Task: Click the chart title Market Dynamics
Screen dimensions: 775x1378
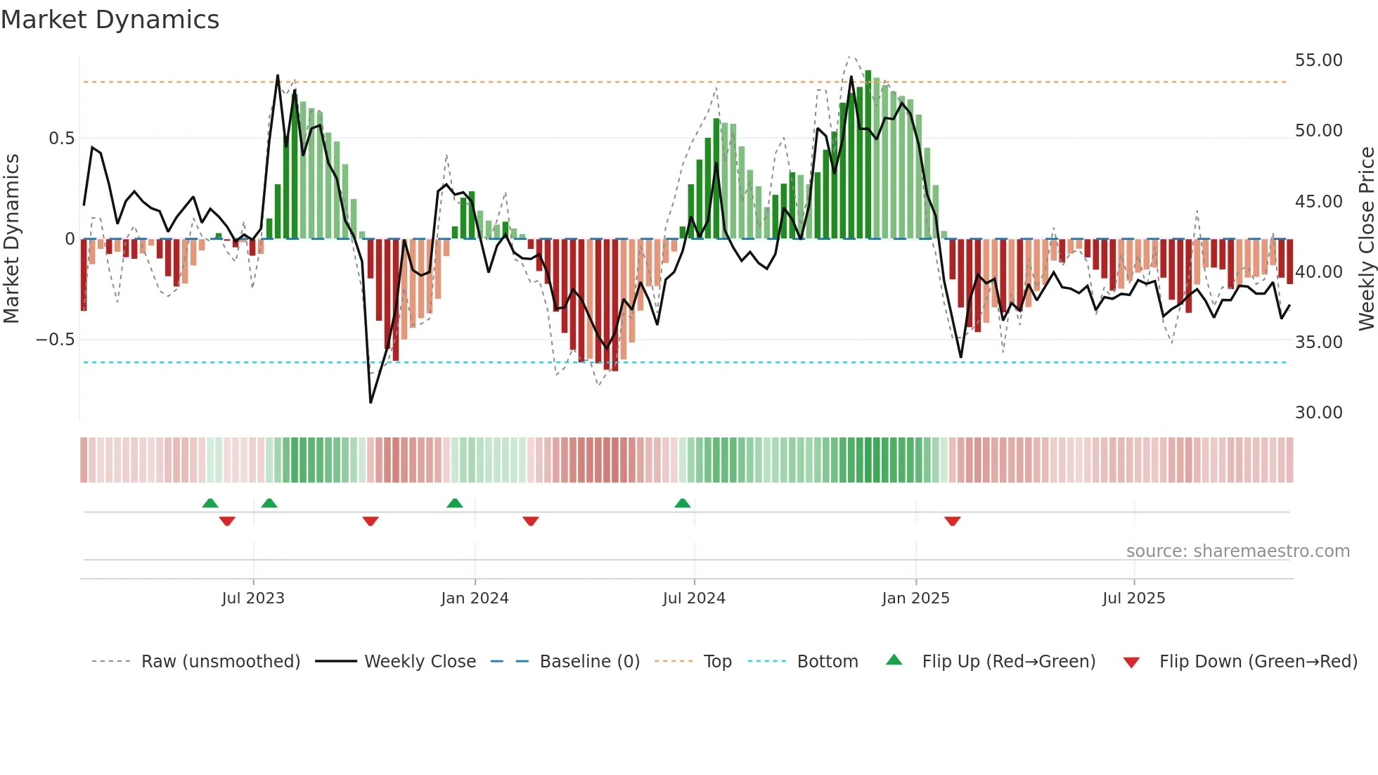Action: pyautogui.click(x=110, y=20)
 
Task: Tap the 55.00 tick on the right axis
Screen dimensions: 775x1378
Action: pyautogui.click(x=1318, y=60)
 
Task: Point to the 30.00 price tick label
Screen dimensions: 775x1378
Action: pyautogui.click(x=1318, y=413)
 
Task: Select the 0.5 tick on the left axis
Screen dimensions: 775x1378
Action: pyautogui.click(x=61, y=139)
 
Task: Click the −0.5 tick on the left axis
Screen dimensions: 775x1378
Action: pyautogui.click(x=55, y=340)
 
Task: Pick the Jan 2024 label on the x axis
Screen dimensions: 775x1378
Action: pyautogui.click(x=475, y=598)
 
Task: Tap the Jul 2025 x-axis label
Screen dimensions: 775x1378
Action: pyautogui.click(x=1133, y=598)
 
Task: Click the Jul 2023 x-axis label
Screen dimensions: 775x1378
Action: pyautogui.click(x=253, y=598)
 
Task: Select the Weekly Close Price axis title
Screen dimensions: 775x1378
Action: pyautogui.click(x=1366, y=239)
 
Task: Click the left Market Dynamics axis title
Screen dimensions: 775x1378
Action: pyautogui.click(x=11, y=239)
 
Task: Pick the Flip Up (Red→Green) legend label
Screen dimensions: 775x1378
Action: pyautogui.click(x=1008, y=662)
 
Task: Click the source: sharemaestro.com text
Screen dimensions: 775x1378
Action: pyautogui.click(x=1237, y=551)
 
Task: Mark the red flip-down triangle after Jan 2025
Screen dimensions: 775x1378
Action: pyautogui.click(x=952, y=521)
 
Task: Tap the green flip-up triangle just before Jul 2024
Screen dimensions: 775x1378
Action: pyautogui.click(x=682, y=503)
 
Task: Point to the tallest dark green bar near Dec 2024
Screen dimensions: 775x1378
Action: pyautogui.click(x=868, y=155)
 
